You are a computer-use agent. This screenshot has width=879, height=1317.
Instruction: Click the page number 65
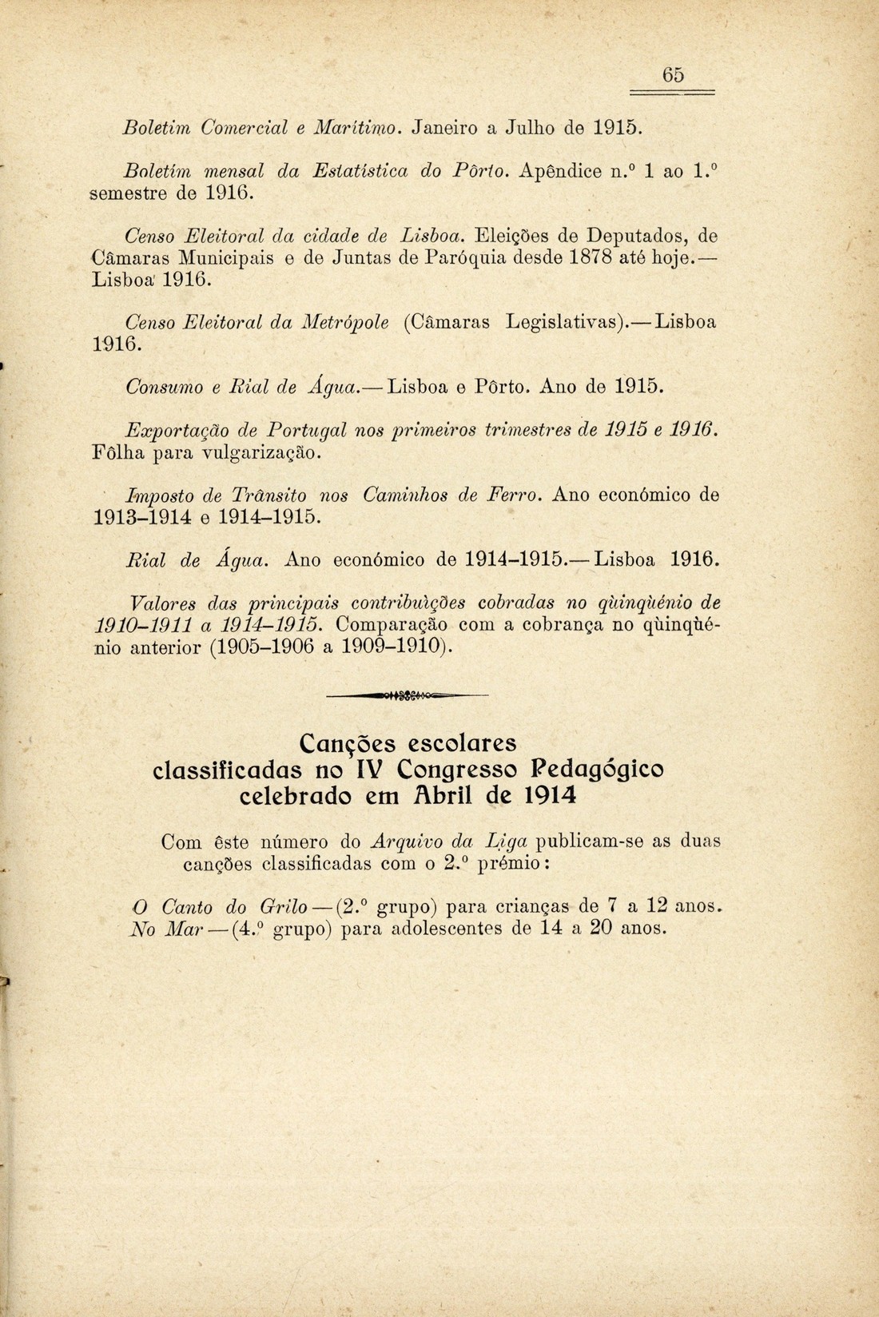pos(673,74)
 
